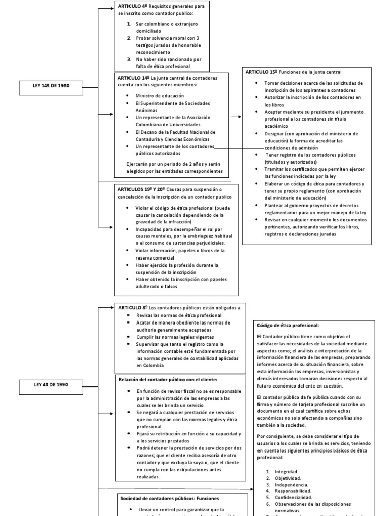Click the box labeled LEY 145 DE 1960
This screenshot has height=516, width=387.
(51, 85)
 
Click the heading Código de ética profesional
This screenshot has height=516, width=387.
(288, 325)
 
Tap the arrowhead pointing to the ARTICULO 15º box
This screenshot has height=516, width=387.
(239, 116)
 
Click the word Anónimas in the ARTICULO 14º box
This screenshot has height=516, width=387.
(146, 110)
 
